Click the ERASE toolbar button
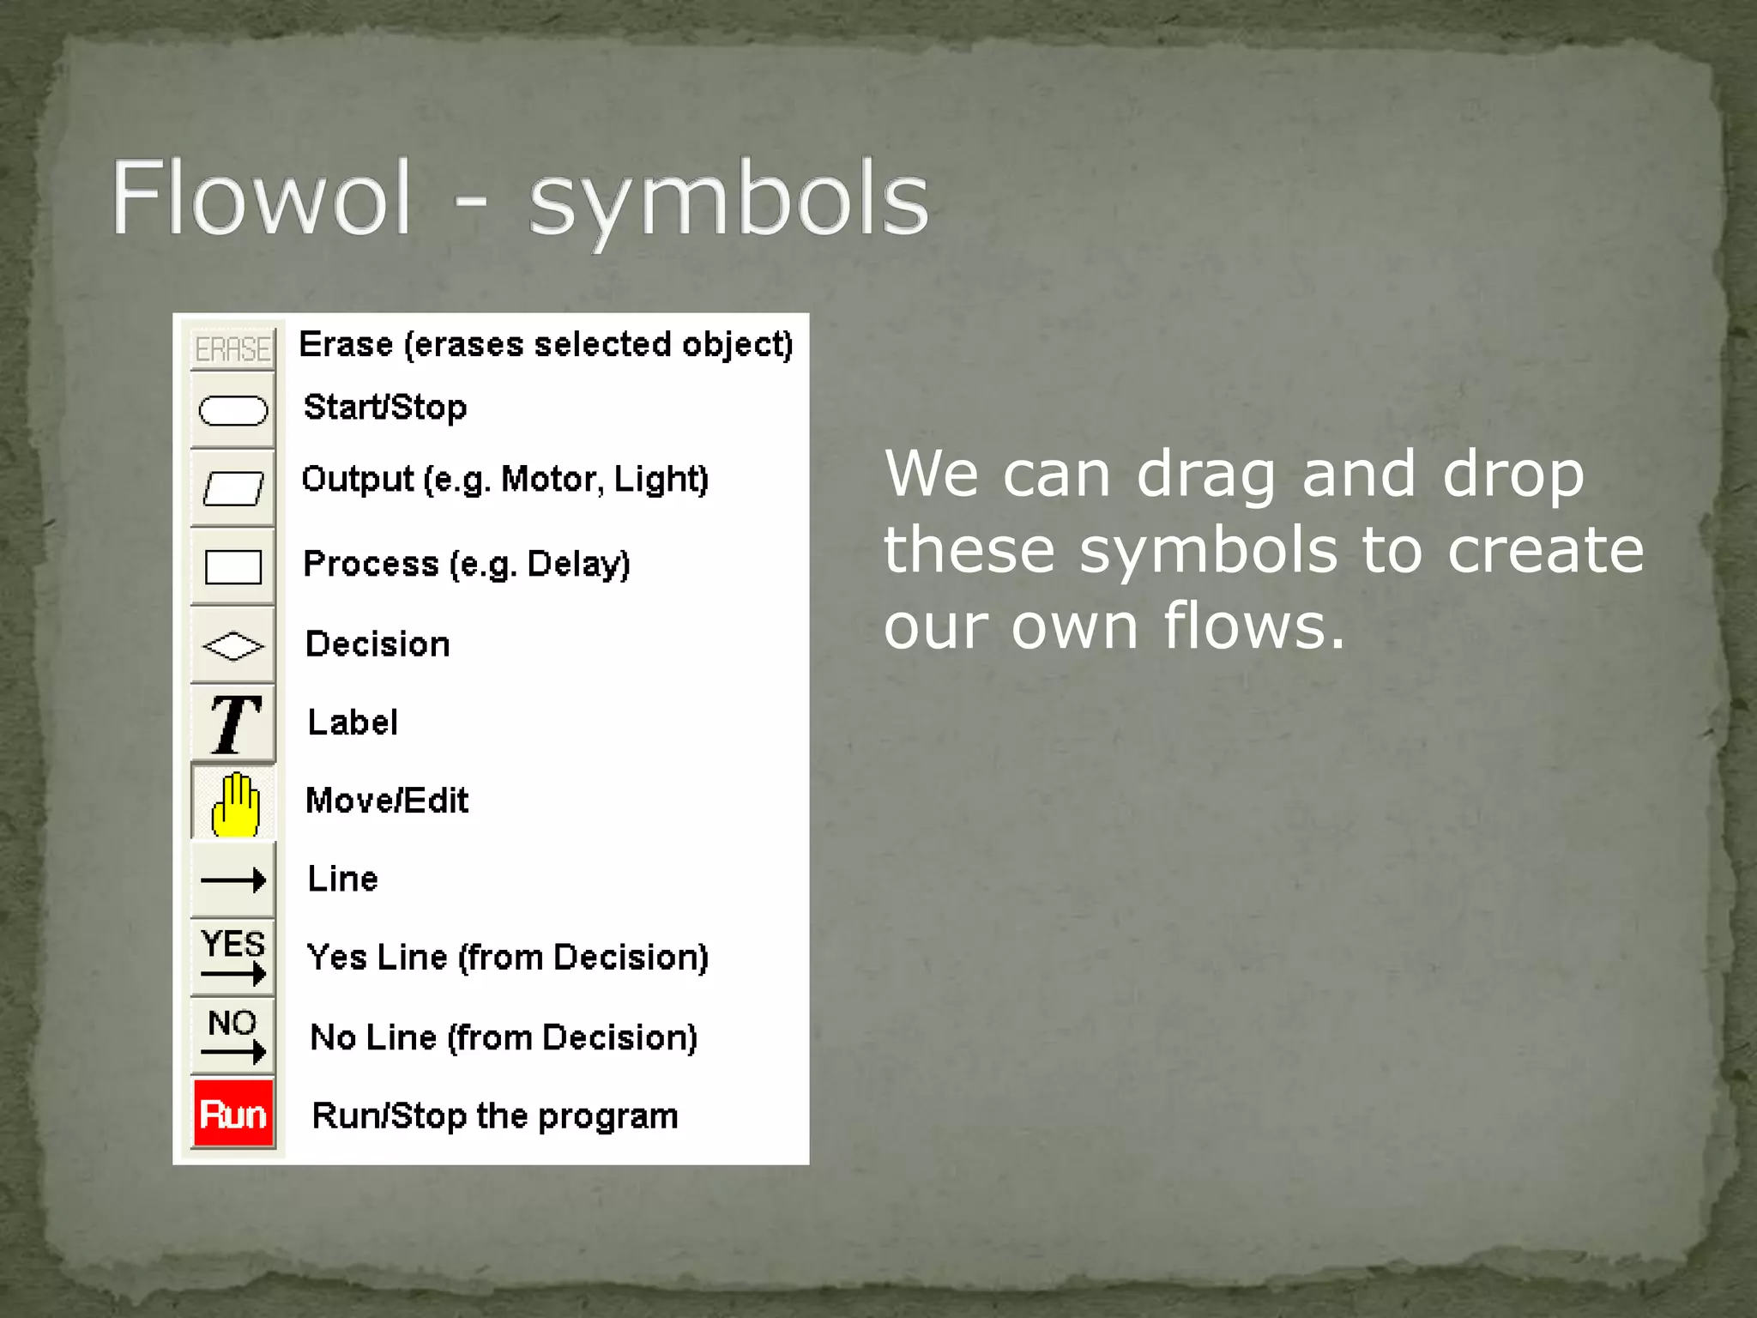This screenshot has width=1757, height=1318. click(x=232, y=348)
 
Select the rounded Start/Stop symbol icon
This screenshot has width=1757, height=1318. click(x=232, y=410)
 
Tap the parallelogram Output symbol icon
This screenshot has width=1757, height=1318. click(x=232, y=488)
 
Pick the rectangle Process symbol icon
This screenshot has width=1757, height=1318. click(x=232, y=566)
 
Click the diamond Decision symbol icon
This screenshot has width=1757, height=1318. click(x=232, y=645)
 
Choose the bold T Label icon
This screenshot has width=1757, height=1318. click(x=232, y=723)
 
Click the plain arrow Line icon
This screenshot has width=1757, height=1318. click(x=232, y=880)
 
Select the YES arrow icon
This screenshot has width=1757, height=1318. click(x=232, y=957)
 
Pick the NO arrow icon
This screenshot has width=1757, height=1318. click(x=232, y=1036)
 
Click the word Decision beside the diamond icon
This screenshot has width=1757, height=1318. click(x=377, y=644)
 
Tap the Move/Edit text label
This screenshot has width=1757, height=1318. click(x=387, y=801)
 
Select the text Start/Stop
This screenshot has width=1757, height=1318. click(x=385, y=407)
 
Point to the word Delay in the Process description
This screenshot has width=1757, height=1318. click(x=577, y=564)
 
